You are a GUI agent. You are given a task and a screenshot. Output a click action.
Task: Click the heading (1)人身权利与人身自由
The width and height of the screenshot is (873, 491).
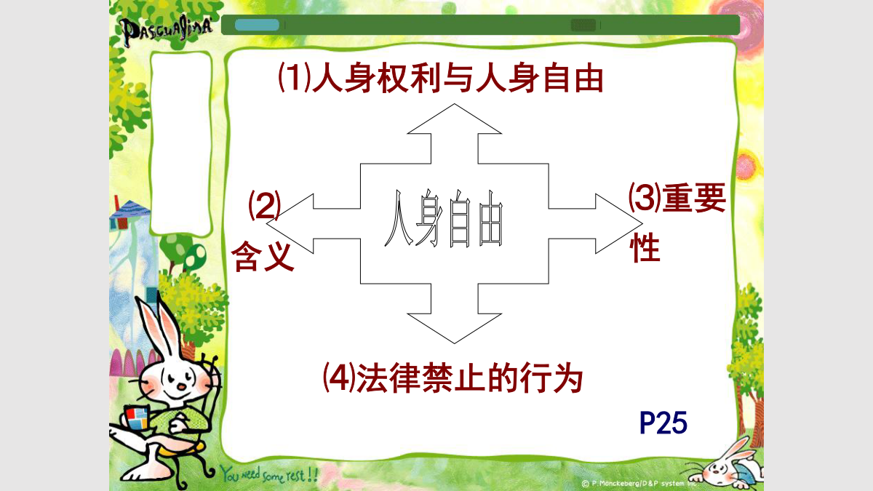click(440, 78)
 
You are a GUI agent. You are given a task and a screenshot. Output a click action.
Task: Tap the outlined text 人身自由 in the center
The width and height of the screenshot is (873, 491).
click(444, 218)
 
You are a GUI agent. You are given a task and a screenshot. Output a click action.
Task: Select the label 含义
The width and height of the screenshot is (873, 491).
click(263, 255)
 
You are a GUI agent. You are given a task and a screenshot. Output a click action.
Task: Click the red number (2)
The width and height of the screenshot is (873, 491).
click(265, 205)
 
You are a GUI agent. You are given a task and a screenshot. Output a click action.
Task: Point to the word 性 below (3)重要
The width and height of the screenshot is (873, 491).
click(645, 247)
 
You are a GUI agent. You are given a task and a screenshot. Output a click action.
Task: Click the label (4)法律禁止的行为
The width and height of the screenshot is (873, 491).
click(453, 378)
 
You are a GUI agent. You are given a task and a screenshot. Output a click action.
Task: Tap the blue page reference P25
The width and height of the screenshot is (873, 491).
click(663, 423)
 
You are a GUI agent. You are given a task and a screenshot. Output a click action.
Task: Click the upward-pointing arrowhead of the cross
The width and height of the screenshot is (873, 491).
click(455, 119)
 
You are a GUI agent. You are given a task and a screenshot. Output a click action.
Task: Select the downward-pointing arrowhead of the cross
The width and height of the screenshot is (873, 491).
click(455, 328)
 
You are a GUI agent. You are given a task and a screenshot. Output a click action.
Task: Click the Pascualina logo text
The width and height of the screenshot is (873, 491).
click(167, 30)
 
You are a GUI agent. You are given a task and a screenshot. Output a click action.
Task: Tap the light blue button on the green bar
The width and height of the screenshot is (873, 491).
click(257, 25)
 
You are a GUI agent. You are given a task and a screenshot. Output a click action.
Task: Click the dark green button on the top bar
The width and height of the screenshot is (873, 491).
click(583, 25)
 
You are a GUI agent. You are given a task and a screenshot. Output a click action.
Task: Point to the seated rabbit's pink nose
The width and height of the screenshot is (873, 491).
click(182, 386)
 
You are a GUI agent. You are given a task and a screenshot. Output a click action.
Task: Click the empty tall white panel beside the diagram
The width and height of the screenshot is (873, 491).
click(181, 143)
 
